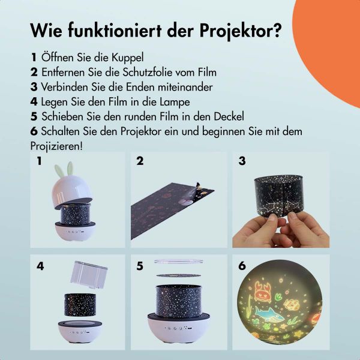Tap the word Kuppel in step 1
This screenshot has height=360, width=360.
tap(127, 58)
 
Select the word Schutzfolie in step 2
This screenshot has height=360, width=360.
tap(140, 73)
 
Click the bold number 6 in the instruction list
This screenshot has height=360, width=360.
tap(34, 131)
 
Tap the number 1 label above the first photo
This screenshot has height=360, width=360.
tap(39, 161)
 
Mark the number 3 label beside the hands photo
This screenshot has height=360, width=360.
tap(242, 161)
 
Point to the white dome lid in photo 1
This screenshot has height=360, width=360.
tap(70, 191)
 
